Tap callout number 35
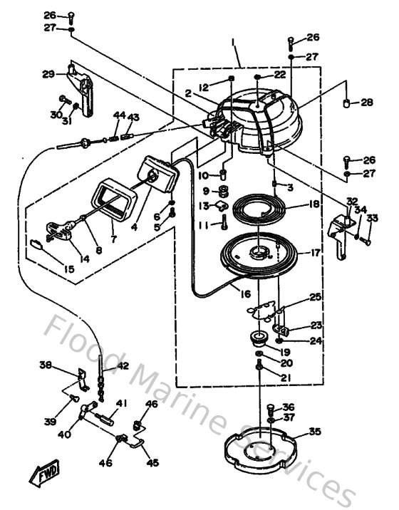tap(314, 432)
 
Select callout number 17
tap(314, 251)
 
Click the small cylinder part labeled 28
tap(348, 104)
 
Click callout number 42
tap(123, 366)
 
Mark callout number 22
tap(280, 75)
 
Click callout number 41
tap(122, 403)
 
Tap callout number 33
tap(372, 218)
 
